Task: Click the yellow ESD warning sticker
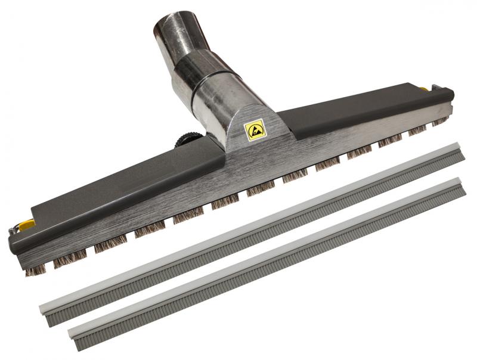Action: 255,129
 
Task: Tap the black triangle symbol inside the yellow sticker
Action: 255,129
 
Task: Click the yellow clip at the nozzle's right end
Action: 424,89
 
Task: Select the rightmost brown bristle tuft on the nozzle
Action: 439,121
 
